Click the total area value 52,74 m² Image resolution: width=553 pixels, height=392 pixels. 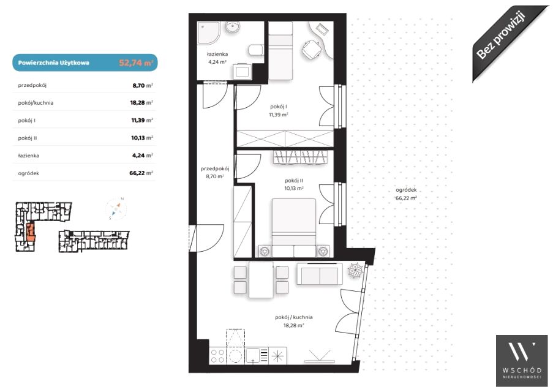pyautogui.click(x=136, y=63)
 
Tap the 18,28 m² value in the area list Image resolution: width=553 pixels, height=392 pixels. pyautogui.click(x=141, y=103)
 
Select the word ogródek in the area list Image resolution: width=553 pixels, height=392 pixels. pyautogui.click(x=29, y=173)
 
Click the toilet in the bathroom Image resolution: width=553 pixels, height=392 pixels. pyautogui.click(x=256, y=50)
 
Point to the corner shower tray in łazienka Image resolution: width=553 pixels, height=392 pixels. pyautogui.click(x=208, y=33)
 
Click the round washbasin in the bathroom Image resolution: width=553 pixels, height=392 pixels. pyautogui.click(x=233, y=27)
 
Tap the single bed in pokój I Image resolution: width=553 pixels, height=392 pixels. pyautogui.click(x=280, y=50)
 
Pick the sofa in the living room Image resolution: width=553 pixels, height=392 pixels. pyautogui.click(x=320, y=274)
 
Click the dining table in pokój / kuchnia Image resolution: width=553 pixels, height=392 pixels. pyautogui.click(x=261, y=279)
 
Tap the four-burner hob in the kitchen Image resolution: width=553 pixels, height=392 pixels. pyautogui.click(x=217, y=356)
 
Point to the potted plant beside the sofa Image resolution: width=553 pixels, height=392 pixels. pyautogui.click(x=355, y=270)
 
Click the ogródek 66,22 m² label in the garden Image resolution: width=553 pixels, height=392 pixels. pyautogui.click(x=406, y=194)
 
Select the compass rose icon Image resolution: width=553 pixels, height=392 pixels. pyautogui.click(x=116, y=209)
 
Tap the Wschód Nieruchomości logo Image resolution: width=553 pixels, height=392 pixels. pyautogui.click(x=522, y=361)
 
